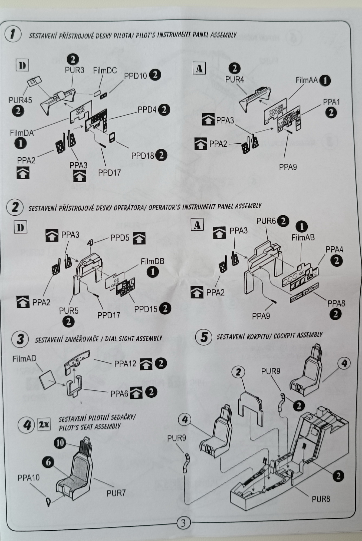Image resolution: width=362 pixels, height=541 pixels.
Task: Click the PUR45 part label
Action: click(20, 100)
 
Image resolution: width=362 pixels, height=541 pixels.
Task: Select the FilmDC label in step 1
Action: click(105, 71)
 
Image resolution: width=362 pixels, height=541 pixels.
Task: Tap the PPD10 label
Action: click(135, 76)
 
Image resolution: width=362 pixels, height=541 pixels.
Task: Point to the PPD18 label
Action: click(142, 156)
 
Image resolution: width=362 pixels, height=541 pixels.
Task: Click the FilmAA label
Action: click(307, 80)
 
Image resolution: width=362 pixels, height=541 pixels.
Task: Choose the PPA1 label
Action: click(331, 102)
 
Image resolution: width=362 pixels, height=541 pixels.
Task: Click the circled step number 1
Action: click(13, 35)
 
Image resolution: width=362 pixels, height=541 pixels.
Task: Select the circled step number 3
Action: click(20, 339)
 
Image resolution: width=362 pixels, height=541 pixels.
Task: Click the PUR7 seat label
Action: click(116, 493)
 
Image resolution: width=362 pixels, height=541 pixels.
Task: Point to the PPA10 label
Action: click(29, 478)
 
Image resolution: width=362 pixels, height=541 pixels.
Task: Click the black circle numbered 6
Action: click(48, 462)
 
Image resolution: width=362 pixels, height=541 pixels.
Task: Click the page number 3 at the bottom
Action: click(183, 523)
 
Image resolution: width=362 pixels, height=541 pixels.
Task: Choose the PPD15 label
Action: click(146, 309)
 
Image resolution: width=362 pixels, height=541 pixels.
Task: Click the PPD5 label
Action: click(120, 238)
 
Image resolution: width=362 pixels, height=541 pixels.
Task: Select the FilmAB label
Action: click(303, 237)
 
